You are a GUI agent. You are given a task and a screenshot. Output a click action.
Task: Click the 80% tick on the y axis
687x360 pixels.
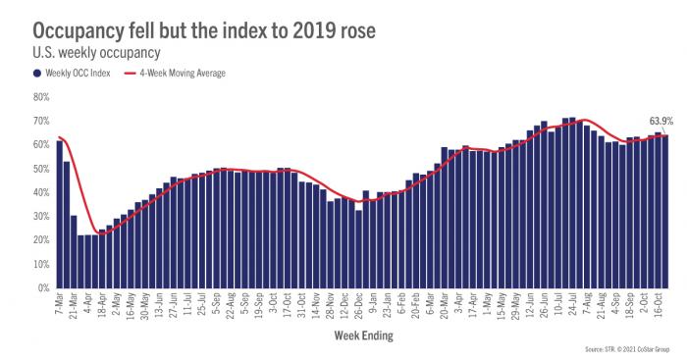41,97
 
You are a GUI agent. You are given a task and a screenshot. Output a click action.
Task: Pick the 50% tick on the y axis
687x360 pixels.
41,169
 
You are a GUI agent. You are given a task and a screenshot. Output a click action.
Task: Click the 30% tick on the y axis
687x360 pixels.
41,217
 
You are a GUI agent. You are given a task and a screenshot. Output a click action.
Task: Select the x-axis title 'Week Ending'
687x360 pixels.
364,335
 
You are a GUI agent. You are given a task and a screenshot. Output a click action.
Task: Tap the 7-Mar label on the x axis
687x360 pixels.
60,303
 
